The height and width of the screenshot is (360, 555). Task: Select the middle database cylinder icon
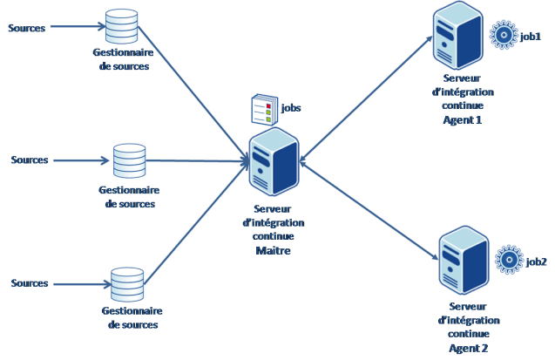tap(130, 160)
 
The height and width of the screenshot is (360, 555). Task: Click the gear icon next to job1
tap(502, 36)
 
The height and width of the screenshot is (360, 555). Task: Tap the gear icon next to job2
tap(509, 261)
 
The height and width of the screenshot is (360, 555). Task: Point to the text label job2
tap(536, 262)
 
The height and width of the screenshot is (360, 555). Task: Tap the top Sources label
tap(27, 28)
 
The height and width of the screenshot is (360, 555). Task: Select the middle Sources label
tap(30, 160)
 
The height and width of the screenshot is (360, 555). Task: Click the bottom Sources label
tap(30, 284)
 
